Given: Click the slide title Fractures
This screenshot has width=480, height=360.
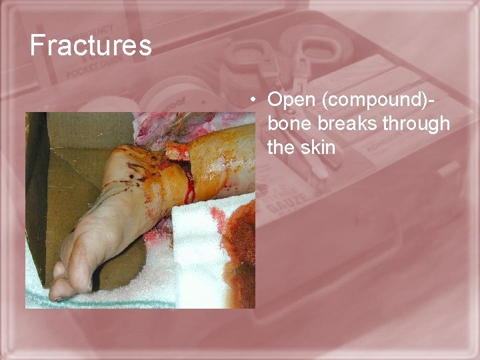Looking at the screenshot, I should (91, 45).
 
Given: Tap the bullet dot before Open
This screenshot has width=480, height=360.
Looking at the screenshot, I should (254, 101).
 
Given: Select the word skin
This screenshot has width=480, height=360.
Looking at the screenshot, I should (319, 147).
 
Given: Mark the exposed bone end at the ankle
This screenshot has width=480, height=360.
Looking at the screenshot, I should (177, 151).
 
